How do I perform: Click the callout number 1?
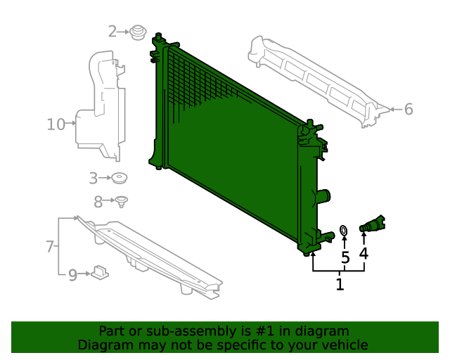[340, 285]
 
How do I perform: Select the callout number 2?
[112, 32]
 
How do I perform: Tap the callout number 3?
[94, 178]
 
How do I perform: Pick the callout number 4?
[364, 253]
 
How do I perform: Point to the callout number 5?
[345, 258]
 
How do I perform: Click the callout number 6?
[409, 109]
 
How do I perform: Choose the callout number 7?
[50, 247]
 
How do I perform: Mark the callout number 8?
[98, 201]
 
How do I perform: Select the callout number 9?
[72, 276]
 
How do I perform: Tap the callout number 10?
[56, 125]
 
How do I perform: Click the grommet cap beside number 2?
[139, 32]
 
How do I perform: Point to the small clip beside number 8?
[122, 202]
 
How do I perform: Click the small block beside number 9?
[100, 271]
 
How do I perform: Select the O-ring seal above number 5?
[344, 230]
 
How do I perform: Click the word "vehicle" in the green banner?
[344, 345]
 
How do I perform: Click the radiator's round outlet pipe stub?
[324, 196]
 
